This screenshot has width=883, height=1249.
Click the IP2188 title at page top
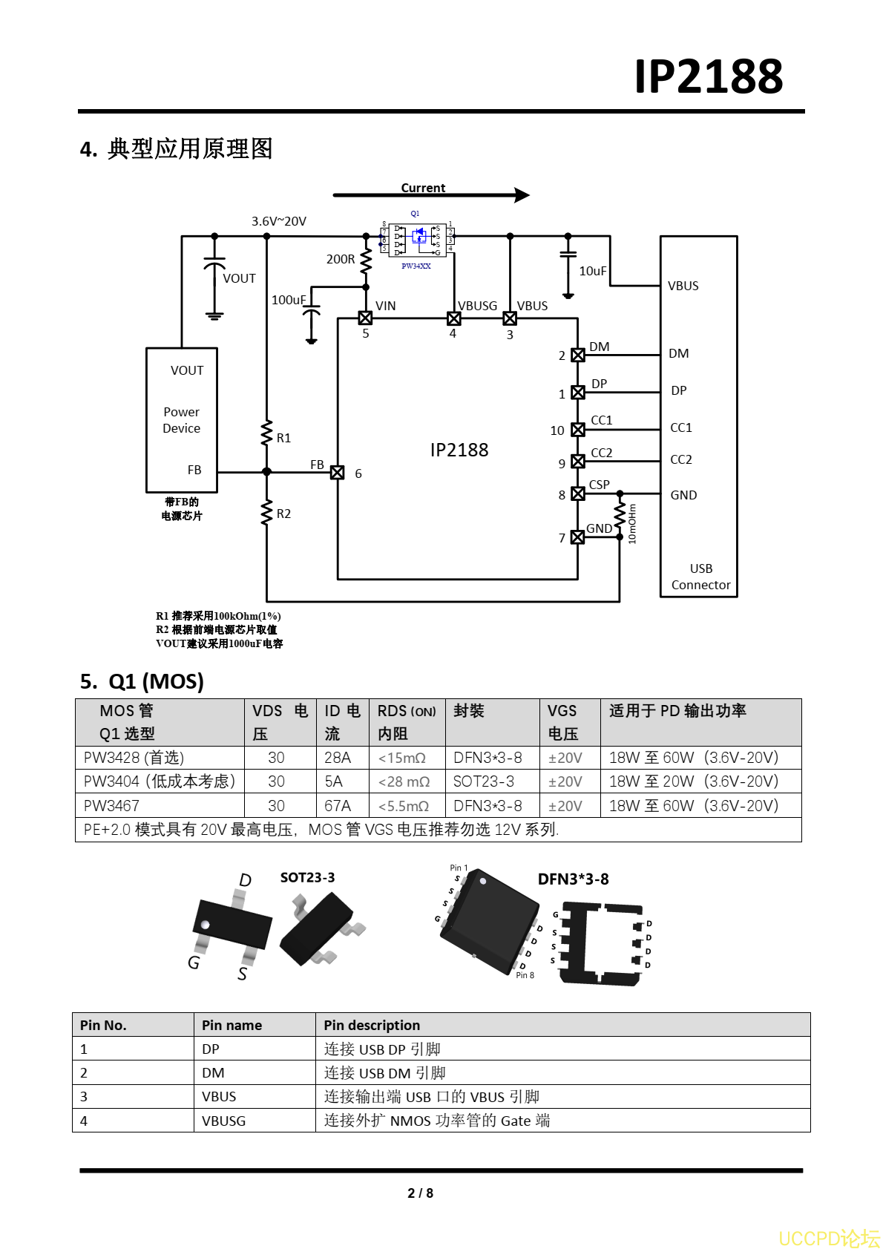(708, 76)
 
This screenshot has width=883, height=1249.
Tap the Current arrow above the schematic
(430, 195)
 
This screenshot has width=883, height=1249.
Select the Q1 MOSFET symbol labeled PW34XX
(417, 240)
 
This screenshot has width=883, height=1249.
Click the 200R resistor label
(341, 259)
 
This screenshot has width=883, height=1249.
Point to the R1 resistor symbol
(267, 433)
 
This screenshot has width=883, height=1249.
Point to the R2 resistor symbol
(267, 513)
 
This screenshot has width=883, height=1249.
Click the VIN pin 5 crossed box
(365, 318)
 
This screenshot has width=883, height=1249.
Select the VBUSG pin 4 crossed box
(454, 318)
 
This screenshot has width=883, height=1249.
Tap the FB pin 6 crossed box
(338, 473)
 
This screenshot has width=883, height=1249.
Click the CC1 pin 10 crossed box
(578, 430)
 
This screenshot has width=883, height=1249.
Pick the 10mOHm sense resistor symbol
(620, 515)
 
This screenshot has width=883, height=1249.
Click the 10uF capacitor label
(592, 271)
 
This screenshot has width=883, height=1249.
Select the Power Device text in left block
(182, 420)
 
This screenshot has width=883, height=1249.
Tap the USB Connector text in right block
(700, 577)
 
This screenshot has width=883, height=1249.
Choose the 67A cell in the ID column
(338, 806)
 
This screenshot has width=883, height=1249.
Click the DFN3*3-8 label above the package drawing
(573, 879)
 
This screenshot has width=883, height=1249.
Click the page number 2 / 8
(420, 1193)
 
